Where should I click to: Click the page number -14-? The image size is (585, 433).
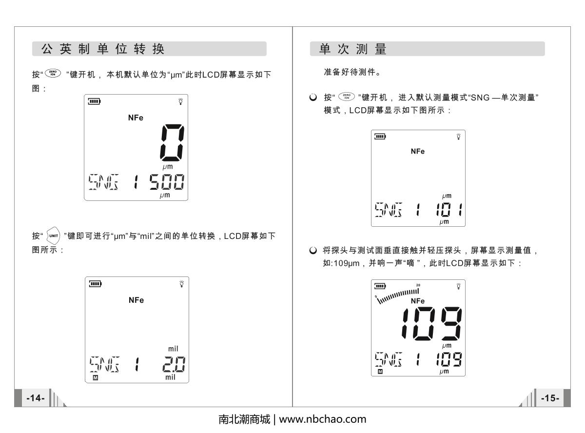(36, 398)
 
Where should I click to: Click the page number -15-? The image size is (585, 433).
(550, 398)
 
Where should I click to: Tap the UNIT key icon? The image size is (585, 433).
(53, 236)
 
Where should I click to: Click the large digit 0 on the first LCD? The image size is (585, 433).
(172, 142)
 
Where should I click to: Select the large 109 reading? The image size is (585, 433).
(431, 324)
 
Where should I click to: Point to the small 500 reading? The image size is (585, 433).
(167, 181)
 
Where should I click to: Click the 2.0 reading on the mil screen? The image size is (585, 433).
(174, 364)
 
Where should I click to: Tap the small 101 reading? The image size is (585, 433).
(449, 210)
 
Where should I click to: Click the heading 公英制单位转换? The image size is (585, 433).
(103, 49)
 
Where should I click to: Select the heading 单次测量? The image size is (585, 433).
(352, 49)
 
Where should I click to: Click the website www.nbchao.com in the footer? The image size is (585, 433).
(323, 419)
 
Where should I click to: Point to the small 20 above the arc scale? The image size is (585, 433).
(418, 285)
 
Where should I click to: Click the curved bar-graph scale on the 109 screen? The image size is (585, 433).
(397, 296)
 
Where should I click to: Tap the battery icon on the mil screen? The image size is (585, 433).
(95, 284)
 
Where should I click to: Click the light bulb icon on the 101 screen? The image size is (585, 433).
(459, 137)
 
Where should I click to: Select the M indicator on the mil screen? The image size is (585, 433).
(96, 378)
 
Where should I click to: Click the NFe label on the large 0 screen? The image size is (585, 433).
(136, 118)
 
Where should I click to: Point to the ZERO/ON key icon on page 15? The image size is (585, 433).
(347, 97)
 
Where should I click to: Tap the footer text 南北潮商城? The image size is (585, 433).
(244, 419)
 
